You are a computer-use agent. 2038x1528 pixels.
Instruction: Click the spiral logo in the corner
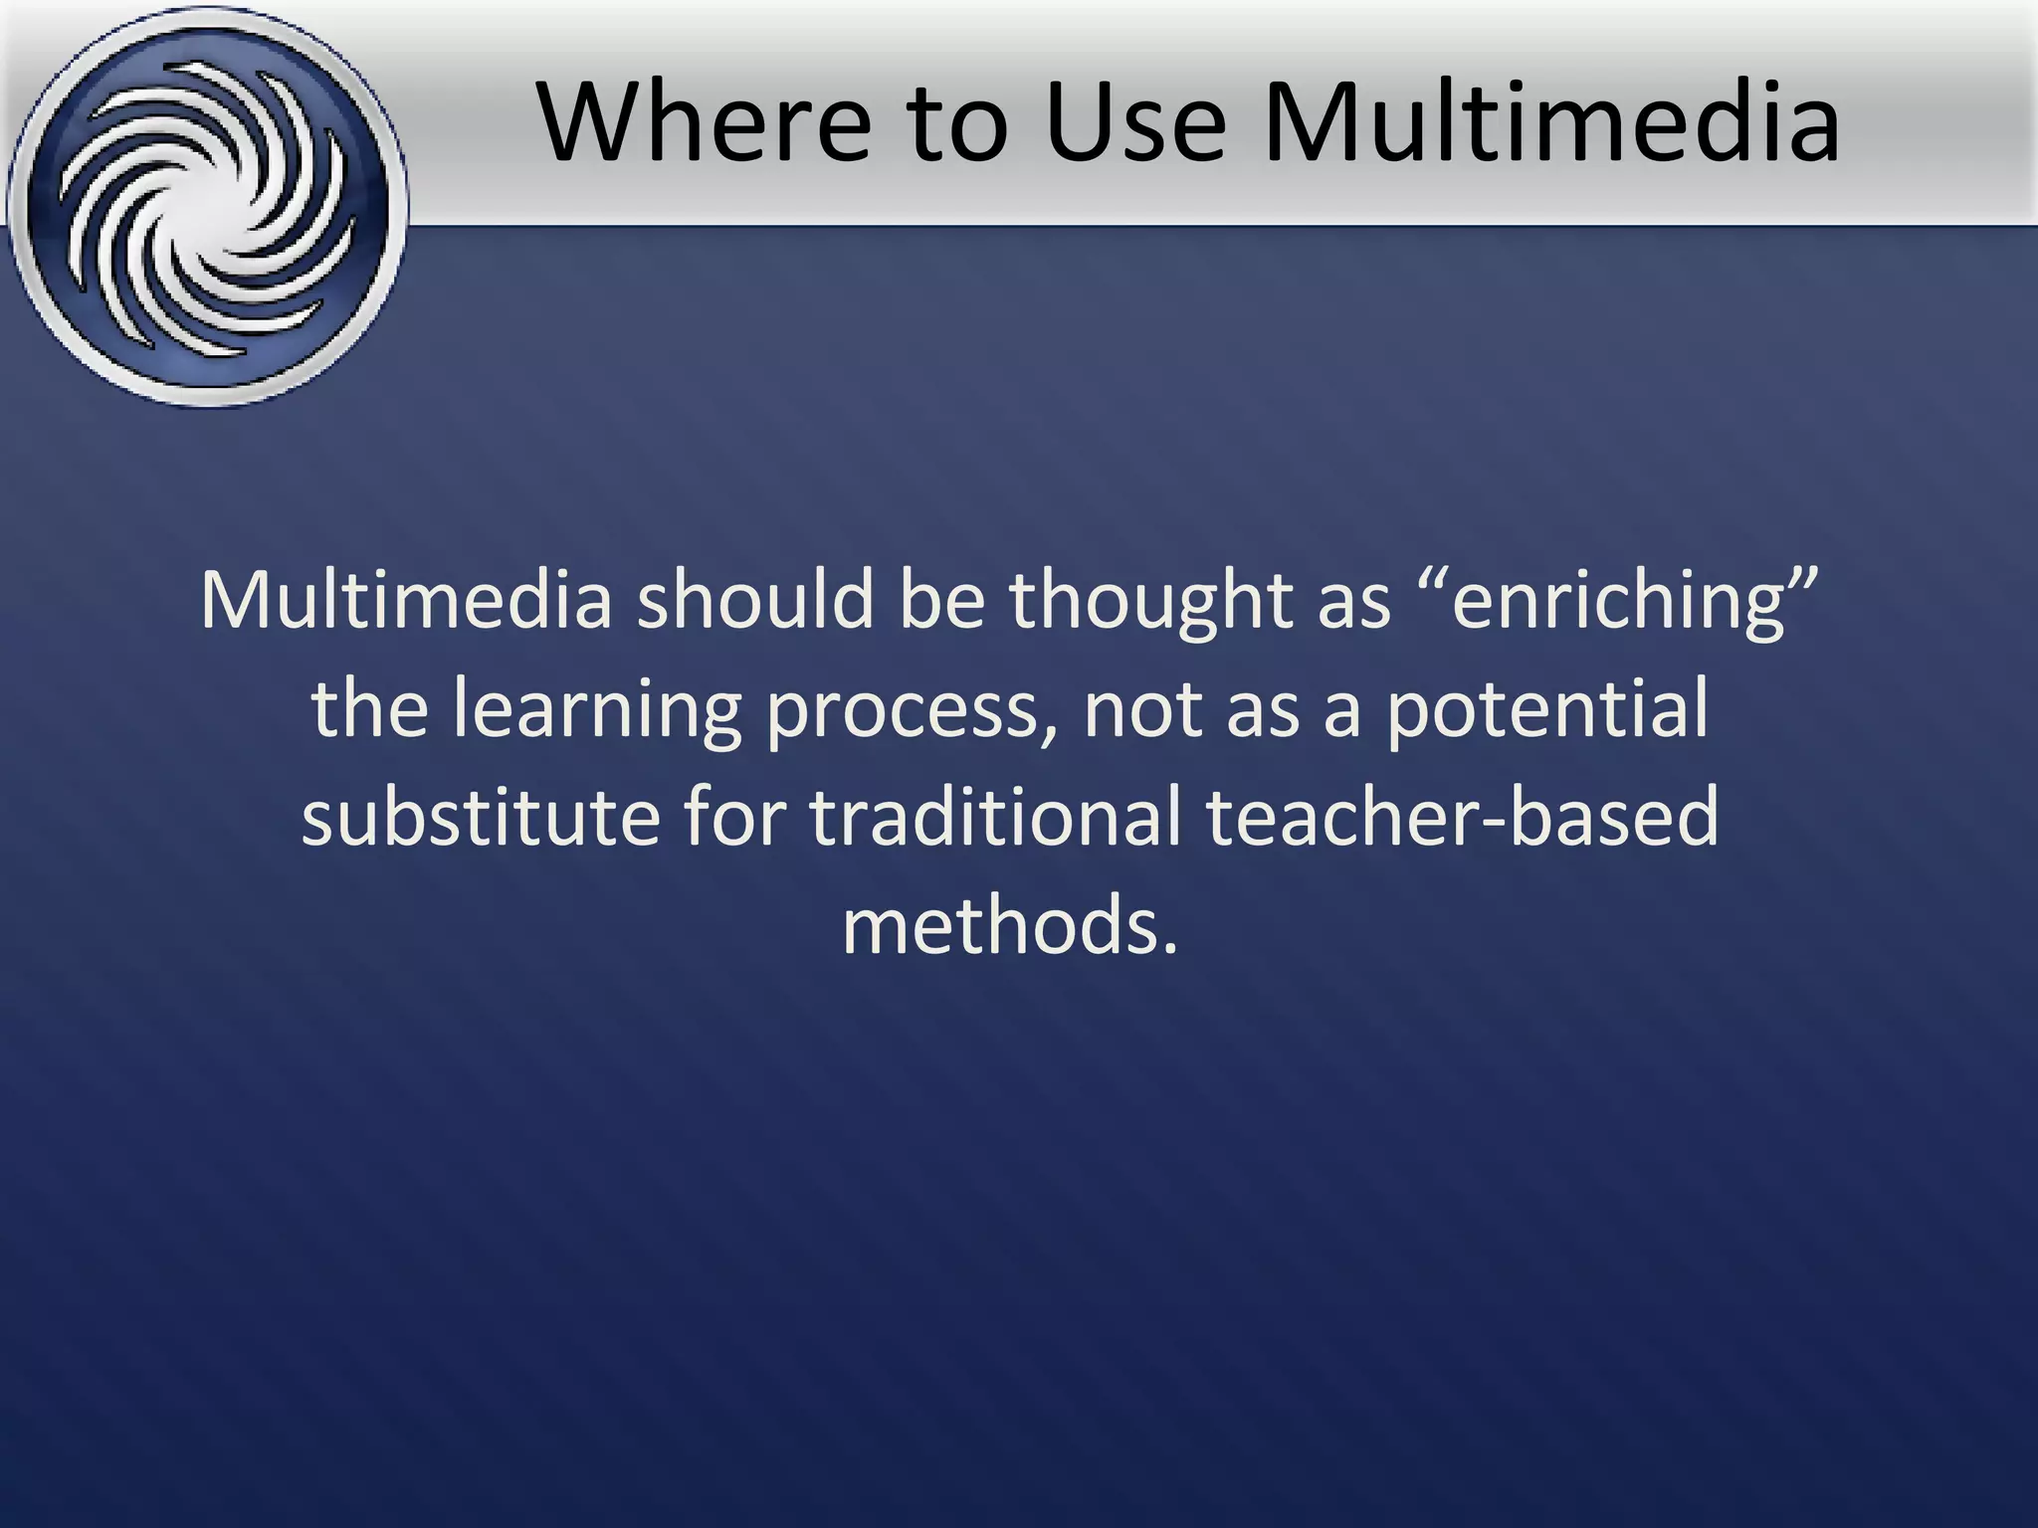(x=207, y=207)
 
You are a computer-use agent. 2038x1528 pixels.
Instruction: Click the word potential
(x=1546, y=709)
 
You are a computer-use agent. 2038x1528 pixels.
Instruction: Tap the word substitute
(x=481, y=816)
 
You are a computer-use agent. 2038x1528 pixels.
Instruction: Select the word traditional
(x=996, y=816)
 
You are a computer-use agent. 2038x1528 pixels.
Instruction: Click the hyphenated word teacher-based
(x=1462, y=816)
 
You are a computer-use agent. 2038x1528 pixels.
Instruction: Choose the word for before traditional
(x=734, y=816)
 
